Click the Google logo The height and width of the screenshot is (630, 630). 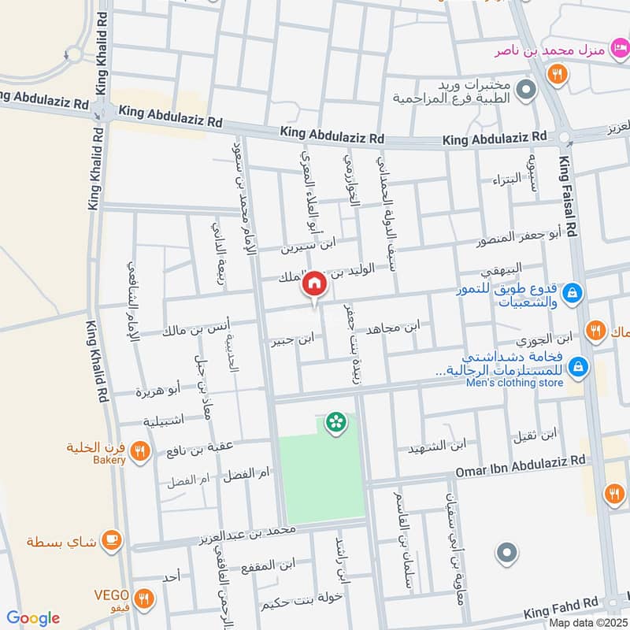point(32,617)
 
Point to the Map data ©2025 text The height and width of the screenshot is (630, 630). point(587,622)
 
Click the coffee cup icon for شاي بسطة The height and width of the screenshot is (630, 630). point(112,540)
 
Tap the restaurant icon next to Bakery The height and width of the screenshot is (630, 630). point(139,451)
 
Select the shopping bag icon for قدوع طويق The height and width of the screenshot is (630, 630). point(574,291)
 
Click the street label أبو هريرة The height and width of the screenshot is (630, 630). point(157,389)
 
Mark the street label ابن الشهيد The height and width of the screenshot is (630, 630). point(437,446)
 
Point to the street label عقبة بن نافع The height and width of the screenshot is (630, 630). point(201,449)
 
